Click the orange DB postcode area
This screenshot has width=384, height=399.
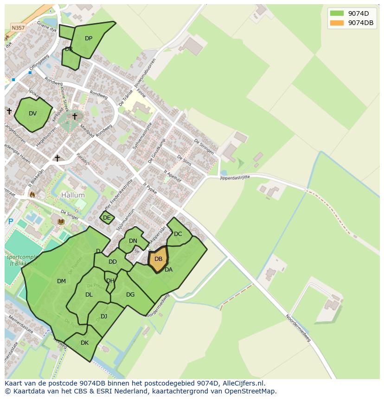pos(158,260)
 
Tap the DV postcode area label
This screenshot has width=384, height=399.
pos(32,114)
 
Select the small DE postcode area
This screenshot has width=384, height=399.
pos(107,217)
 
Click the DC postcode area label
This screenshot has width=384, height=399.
pos(178,234)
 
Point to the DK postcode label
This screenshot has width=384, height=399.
pos(84,343)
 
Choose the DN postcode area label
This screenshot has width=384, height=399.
pos(133,241)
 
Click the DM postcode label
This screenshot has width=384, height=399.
pos(61,281)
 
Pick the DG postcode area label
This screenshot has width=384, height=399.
pos(130,295)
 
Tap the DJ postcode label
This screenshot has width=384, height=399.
pos(104,317)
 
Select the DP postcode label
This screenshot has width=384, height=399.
pos(89,38)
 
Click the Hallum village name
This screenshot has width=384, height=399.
pos(73,196)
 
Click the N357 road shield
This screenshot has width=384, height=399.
pos(18,28)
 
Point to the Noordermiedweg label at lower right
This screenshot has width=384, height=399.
pos(298,328)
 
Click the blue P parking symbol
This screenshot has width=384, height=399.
pos(10,222)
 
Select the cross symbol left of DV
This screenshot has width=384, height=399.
pos(9,111)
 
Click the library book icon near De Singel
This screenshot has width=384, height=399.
pos(61,222)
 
